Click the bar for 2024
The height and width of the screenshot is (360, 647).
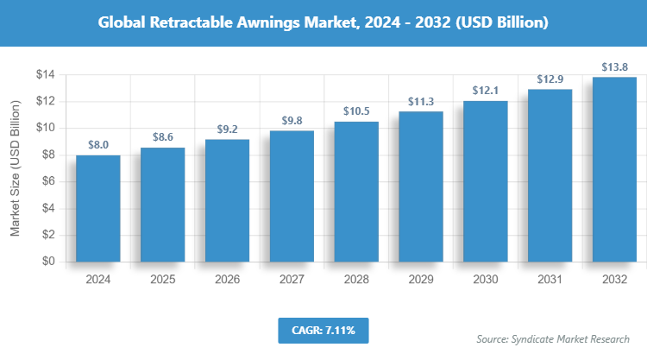[x=97, y=208]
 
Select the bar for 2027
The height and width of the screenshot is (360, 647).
[x=292, y=196]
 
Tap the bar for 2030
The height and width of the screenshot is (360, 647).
[x=485, y=181]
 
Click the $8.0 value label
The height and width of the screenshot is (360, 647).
[x=97, y=145]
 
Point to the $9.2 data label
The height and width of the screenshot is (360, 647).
[x=227, y=129]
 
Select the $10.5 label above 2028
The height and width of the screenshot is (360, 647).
[x=356, y=112]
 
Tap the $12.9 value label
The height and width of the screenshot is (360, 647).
[x=550, y=79]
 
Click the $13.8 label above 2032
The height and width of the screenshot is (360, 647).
[x=614, y=67]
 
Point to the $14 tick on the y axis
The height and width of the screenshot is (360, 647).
[x=45, y=75]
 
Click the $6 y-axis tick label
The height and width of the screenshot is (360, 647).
[x=48, y=181]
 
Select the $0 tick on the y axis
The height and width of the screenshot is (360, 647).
[x=48, y=261]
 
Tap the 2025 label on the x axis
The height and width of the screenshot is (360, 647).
[x=162, y=280]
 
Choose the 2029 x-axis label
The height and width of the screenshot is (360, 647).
[x=420, y=280]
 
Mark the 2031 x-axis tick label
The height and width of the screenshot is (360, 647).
[x=550, y=280]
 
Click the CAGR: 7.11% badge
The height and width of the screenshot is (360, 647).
[x=323, y=330]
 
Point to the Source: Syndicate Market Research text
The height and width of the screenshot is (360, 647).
[x=553, y=339]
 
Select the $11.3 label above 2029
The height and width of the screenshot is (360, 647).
[x=420, y=101]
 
